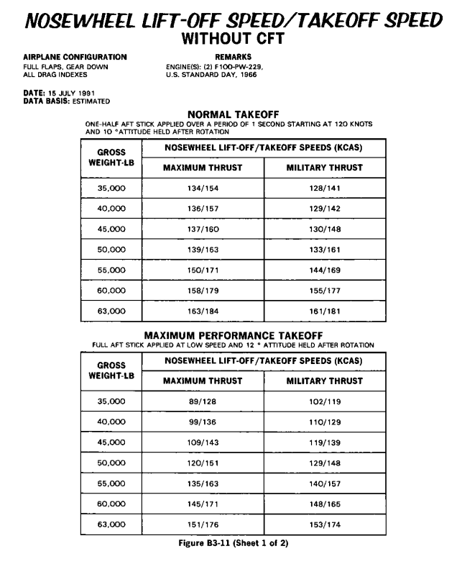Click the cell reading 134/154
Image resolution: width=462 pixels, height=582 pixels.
203,188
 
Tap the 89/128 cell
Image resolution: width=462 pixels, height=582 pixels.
203,401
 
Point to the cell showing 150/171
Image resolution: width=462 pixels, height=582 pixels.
203,270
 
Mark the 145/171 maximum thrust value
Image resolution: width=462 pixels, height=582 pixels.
203,504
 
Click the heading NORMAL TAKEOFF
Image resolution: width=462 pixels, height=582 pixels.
233,114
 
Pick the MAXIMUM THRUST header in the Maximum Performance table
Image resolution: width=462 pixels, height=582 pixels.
203,381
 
